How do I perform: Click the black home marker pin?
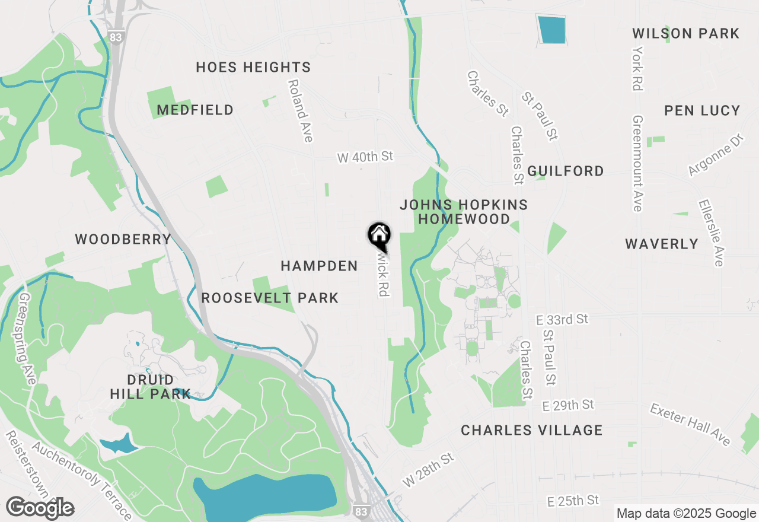click(x=379, y=235)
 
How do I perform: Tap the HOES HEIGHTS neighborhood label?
click(x=253, y=68)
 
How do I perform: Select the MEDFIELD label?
click(x=195, y=110)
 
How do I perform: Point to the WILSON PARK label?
click(x=685, y=34)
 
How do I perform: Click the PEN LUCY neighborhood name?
click(x=702, y=111)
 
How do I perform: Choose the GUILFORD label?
click(x=566, y=171)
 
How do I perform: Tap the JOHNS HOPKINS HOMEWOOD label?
click(x=464, y=212)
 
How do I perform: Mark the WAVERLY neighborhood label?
click(x=662, y=244)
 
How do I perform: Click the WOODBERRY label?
click(x=123, y=240)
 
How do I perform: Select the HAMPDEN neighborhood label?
click(x=319, y=266)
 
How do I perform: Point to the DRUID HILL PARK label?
click(x=151, y=386)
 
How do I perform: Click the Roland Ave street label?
click(x=300, y=111)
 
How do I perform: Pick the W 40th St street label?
click(x=365, y=157)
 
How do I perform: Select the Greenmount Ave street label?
click(x=637, y=163)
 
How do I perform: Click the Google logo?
click(x=40, y=508)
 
